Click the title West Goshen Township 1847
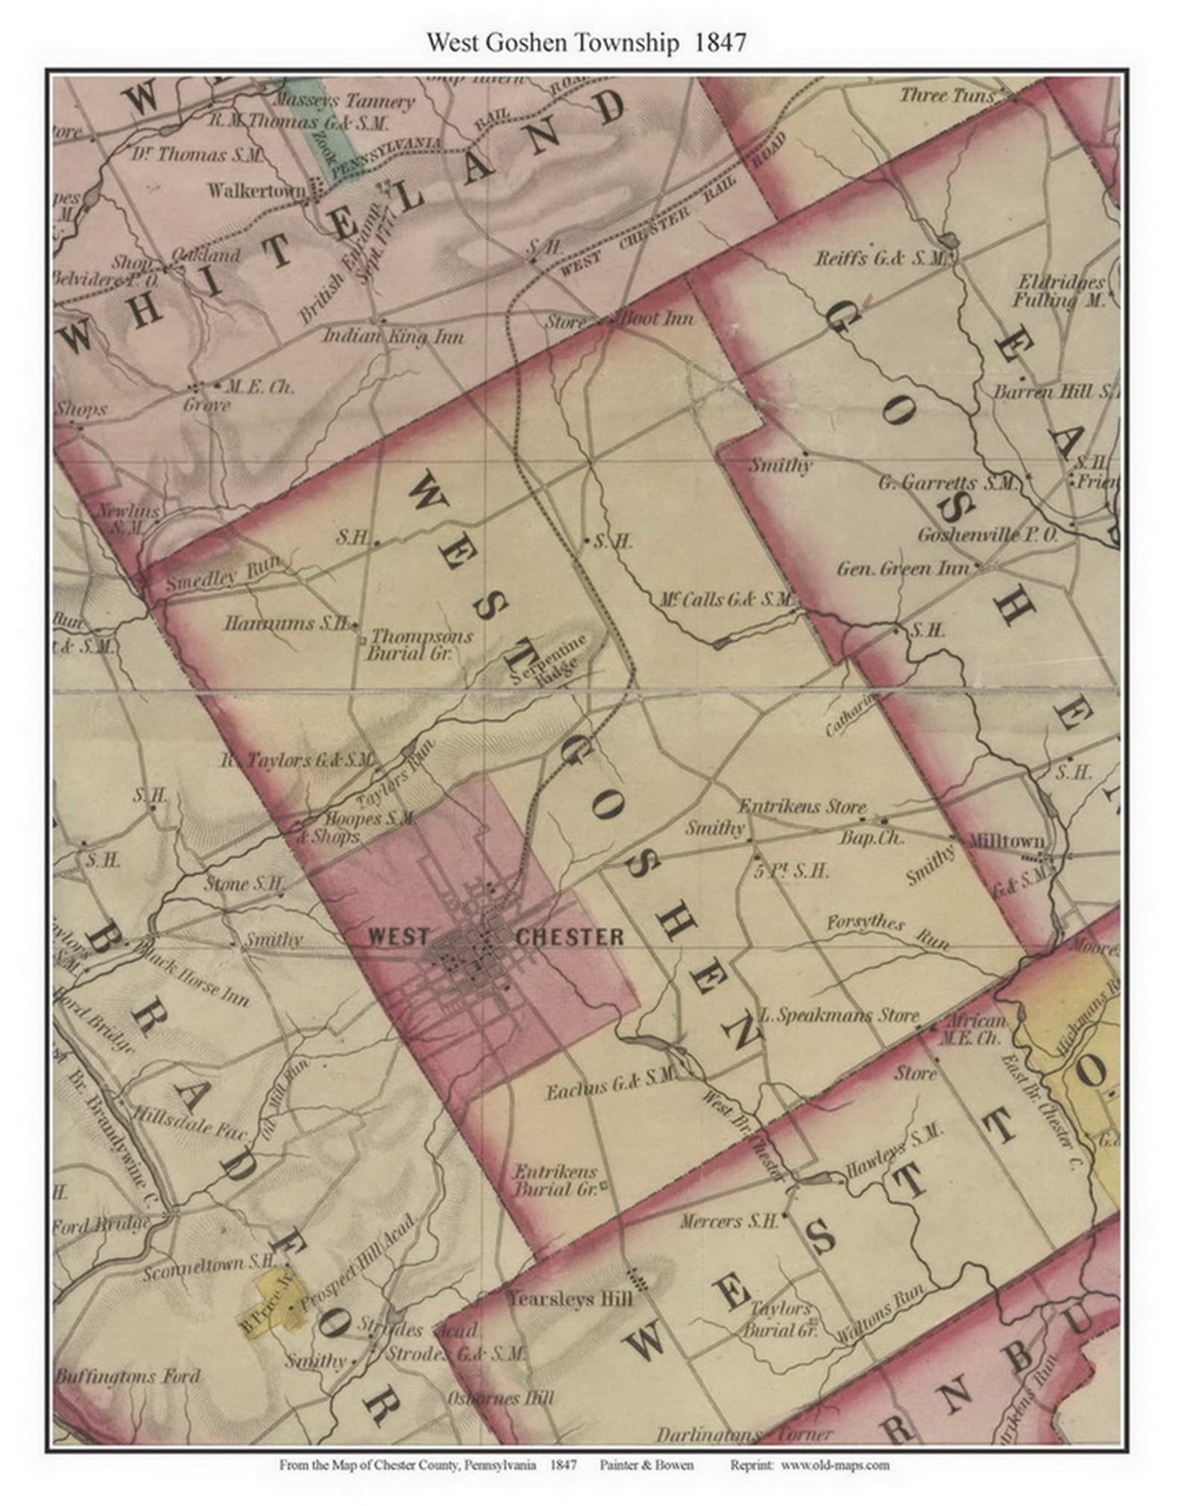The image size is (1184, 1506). [585, 43]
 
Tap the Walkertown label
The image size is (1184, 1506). [256, 191]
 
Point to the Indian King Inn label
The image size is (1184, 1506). [393, 337]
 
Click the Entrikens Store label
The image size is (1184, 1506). [802, 806]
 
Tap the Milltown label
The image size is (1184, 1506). [1006, 841]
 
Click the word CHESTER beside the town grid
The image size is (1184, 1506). [570, 937]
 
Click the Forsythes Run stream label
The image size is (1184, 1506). [888, 931]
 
